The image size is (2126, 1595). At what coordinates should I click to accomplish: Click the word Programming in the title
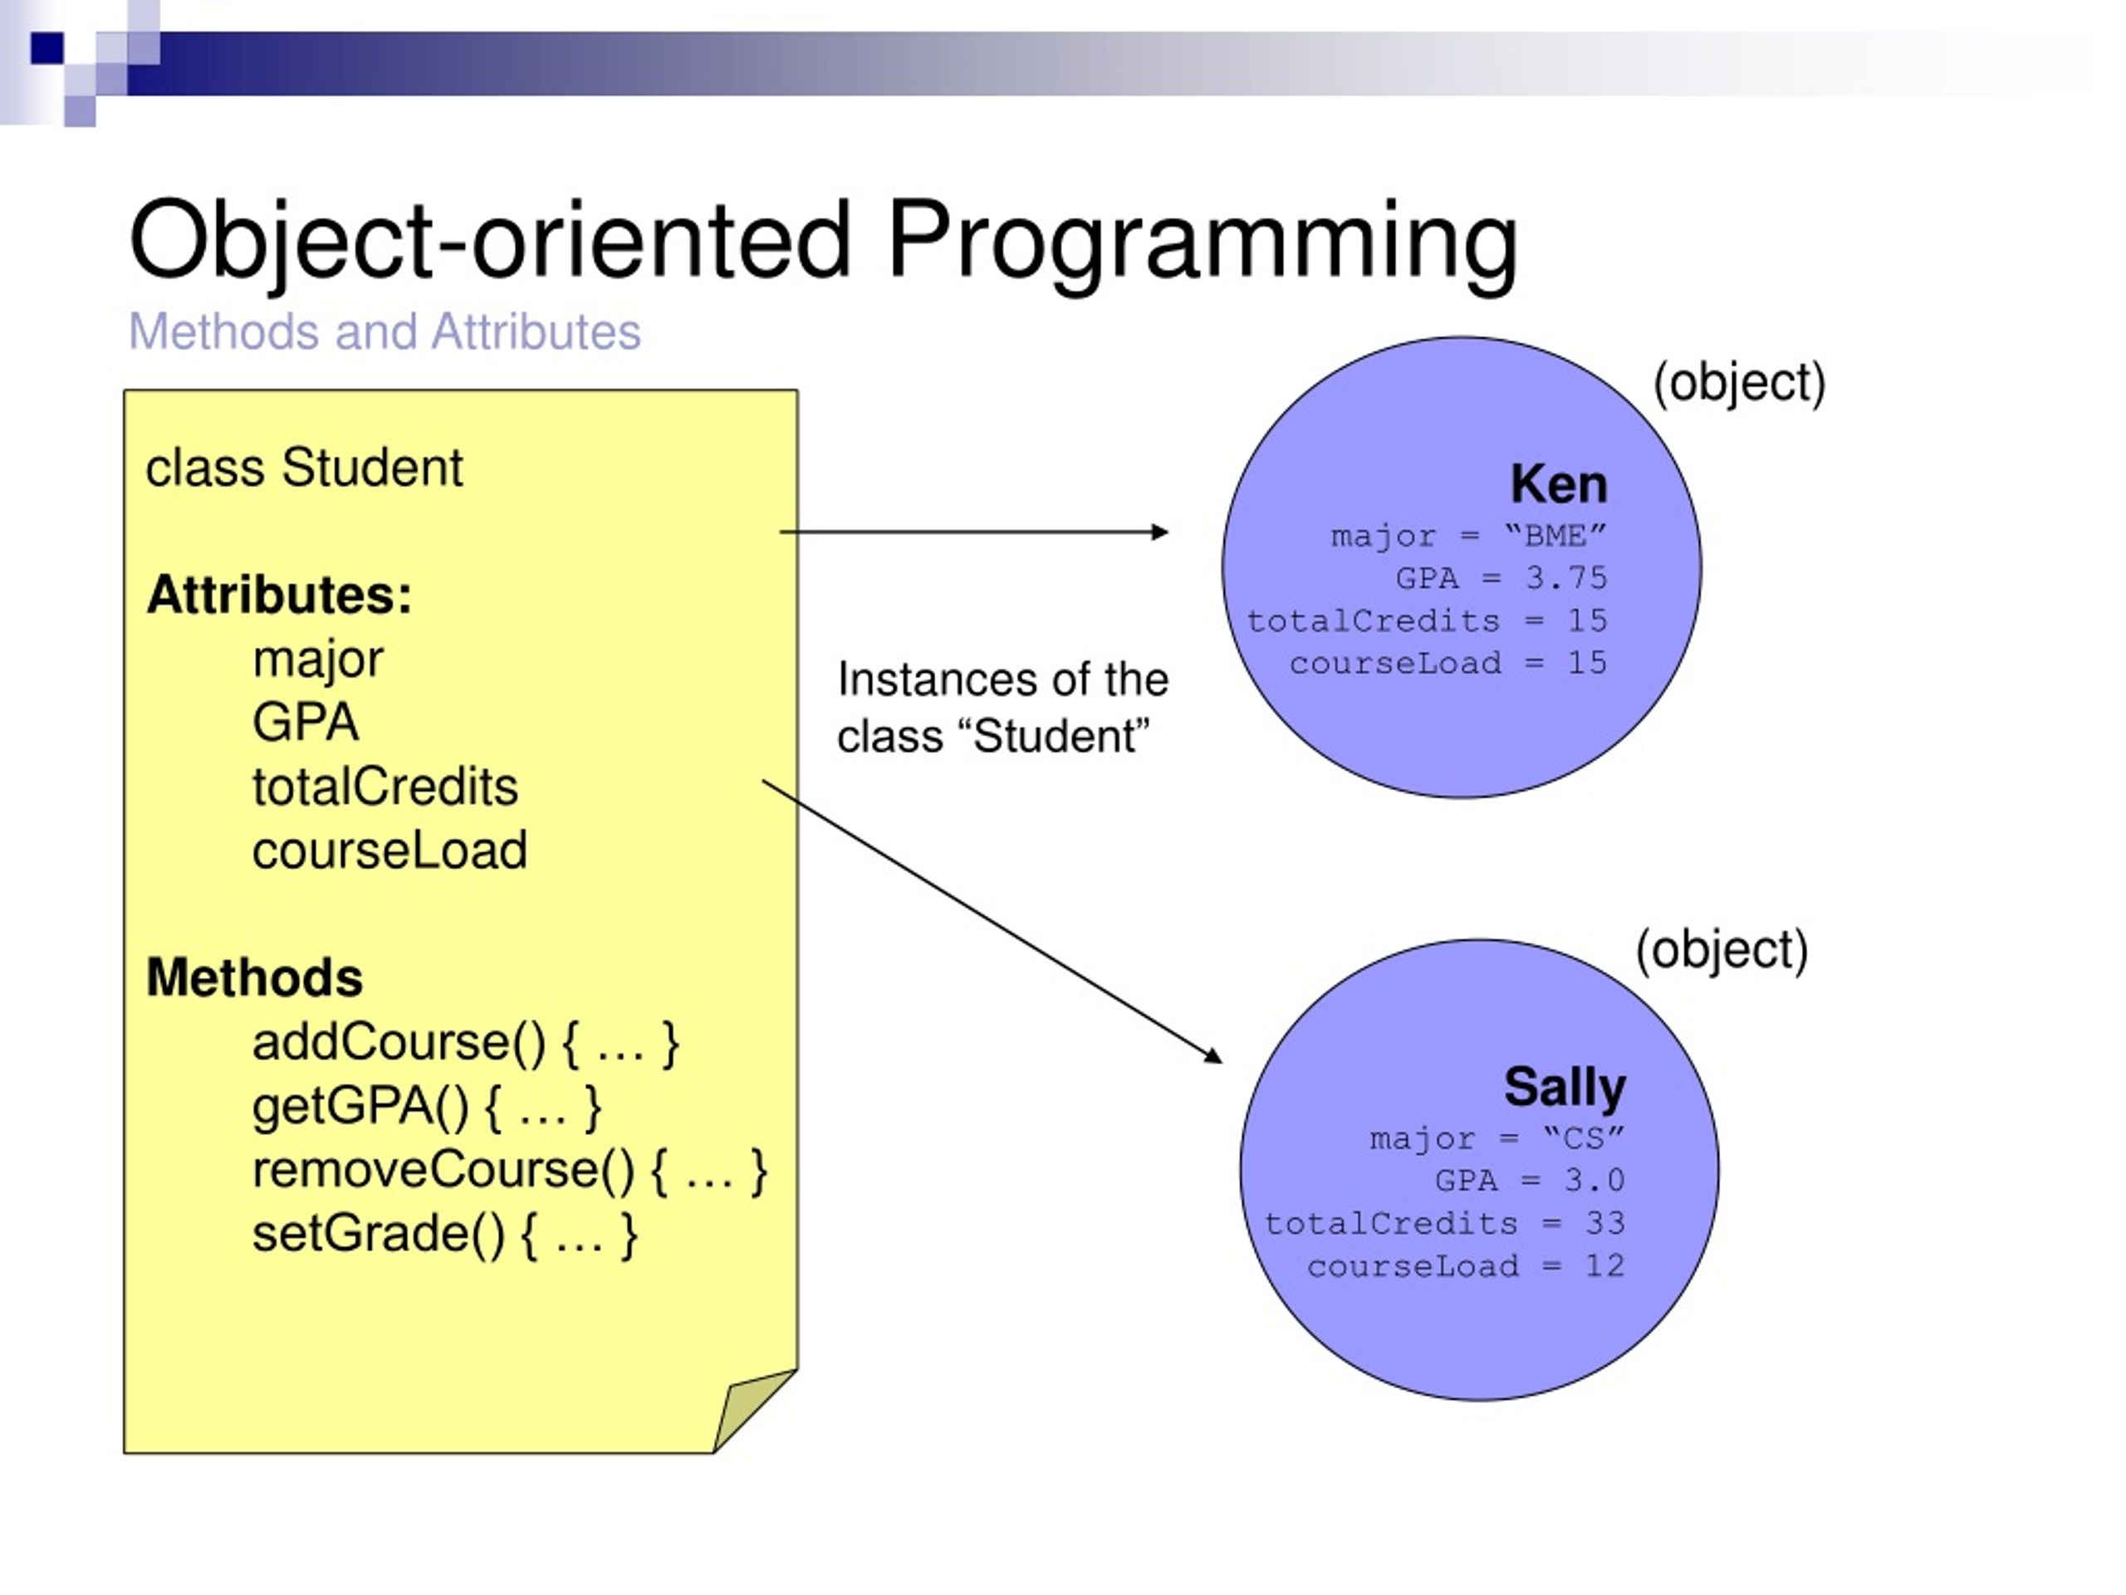1203,240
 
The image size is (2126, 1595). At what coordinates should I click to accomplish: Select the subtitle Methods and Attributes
385,332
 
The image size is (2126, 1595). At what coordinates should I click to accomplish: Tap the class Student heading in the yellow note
304,469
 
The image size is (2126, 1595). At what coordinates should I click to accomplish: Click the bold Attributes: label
280,594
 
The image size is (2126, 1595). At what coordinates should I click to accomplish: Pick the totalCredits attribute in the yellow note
385,787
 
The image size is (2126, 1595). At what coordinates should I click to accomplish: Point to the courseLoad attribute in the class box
389,851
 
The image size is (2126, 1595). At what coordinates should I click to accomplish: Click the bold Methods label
255,978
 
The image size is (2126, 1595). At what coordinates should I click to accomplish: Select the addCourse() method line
466,1043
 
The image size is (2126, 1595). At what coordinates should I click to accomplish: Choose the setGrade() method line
445,1234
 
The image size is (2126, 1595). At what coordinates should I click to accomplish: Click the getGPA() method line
428,1107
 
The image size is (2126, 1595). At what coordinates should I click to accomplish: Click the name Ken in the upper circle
1558,483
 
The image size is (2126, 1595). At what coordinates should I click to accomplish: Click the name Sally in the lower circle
1565,1087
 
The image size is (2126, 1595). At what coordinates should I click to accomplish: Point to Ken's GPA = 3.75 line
1501,578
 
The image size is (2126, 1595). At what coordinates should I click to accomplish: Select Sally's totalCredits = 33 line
1444,1224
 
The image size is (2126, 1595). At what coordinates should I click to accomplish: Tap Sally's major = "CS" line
1497,1139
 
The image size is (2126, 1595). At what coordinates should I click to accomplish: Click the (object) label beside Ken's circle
1739,384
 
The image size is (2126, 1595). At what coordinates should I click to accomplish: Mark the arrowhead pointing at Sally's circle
1214,1056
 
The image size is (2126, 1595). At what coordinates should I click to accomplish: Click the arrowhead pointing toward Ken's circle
1161,532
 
